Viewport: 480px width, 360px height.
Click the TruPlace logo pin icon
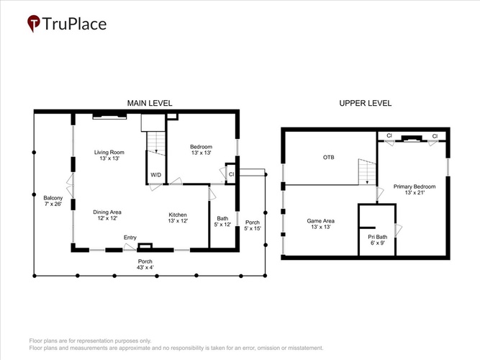(x=34, y=23)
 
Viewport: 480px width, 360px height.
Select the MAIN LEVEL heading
(x=150, y=103)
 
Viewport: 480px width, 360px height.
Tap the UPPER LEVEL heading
(x=365, y=103)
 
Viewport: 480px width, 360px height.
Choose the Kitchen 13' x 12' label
(x=178, y=217)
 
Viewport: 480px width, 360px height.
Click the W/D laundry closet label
(x=156, y=175)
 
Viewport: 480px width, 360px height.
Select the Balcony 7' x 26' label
(x=53, y=201)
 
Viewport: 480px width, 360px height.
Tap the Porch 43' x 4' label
(x=145, y=264)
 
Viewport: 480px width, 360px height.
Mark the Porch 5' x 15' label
(x=253, y=225)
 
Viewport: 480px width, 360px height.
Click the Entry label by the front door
(x=130, y=238)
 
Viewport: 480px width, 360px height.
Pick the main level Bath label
(x=222, y=221)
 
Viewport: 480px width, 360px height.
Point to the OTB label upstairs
(x=329, y=158)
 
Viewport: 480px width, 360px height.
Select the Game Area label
(x=320, y=224)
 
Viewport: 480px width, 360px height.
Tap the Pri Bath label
(x=377, y=240)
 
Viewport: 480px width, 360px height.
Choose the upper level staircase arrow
(x=367, y=173)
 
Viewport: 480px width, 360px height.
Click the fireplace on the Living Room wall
(x=109, y=116)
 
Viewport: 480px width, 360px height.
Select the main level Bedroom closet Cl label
(x=232, y=174)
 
